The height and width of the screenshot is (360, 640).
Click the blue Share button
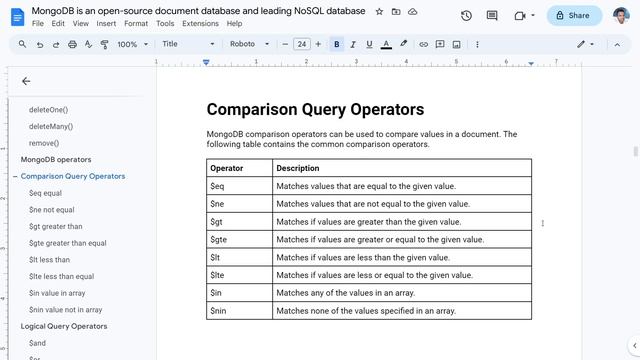pyautogui.click(x=574, y=15)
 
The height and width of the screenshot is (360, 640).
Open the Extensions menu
pyautogui.click(x=200, y=23)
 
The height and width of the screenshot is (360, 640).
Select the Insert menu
pyautogui.click(x=106, y=23)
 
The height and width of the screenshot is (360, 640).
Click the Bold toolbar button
pyautogui.click(x=336, y=44)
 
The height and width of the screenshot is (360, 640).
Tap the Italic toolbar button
pyautogui.click(x=353, y=44)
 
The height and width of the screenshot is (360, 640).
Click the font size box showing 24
pyautogui.click(x=302, y=44)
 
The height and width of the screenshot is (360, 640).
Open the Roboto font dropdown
pyautogui.click(x=249, y=44)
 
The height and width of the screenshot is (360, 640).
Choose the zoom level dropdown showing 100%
pyautogui.click(x=131, y=44)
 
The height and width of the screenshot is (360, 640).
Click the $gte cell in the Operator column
pyautogui.click(x=219, y=239)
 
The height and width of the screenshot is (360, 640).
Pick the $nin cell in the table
pyautogui.click(x=219, y=311)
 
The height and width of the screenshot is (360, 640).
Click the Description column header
pyautogui.click(x=298, y=168)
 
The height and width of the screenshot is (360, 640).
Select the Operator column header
pyautogui.click(x=227, y=168)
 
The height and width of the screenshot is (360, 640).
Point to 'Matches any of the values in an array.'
pyautogui.click(x=345, y=293)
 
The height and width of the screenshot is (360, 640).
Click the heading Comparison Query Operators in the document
pyautogui.click(x=315, y=110)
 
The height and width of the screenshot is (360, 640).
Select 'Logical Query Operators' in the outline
pyautogui.click(x=64, y=326)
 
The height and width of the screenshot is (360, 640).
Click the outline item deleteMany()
pyautogui.click(x=51, y=126)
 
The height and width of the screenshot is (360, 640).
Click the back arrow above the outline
pyautogui.click(x=26, y=81)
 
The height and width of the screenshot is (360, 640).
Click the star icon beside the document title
pyautogui.click(x=379, y=11)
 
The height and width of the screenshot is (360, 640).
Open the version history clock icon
pyautogui.click(x=466, y=15)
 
